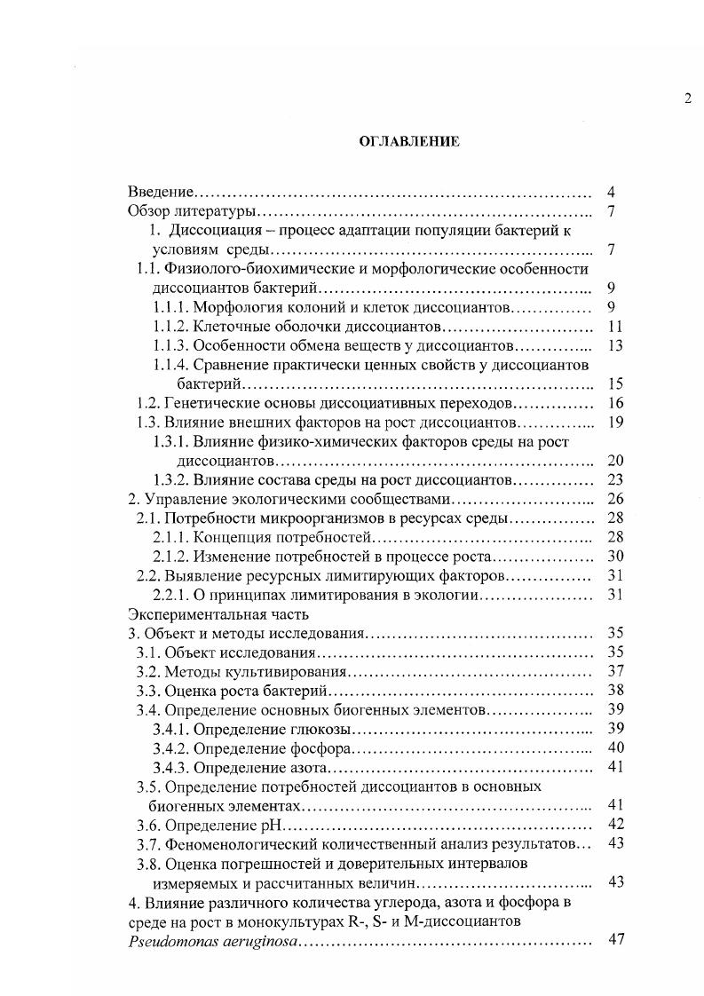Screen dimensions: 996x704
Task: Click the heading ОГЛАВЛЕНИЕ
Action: (x=408, y=141)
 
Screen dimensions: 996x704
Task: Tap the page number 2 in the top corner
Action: (x=687, y=99)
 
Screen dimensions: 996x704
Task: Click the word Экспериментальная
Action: (x=190, y=614)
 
